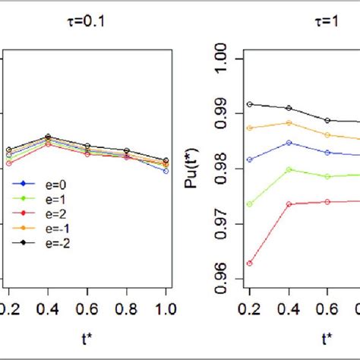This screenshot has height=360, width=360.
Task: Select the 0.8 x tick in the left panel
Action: click(x=126, y=308)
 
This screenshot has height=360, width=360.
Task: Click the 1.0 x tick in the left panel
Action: click(x=166, y=308)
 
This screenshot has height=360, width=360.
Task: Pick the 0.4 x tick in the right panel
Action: click(x=289, y=308)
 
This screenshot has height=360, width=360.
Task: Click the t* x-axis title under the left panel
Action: click(x=87, y=336)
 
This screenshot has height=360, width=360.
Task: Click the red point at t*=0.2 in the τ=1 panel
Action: click(x=250, y=264)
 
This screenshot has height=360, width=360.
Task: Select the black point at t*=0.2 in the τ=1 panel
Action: click(x=250, y=104)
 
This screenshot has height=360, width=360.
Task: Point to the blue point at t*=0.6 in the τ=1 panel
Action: click(x=327, y=153)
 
